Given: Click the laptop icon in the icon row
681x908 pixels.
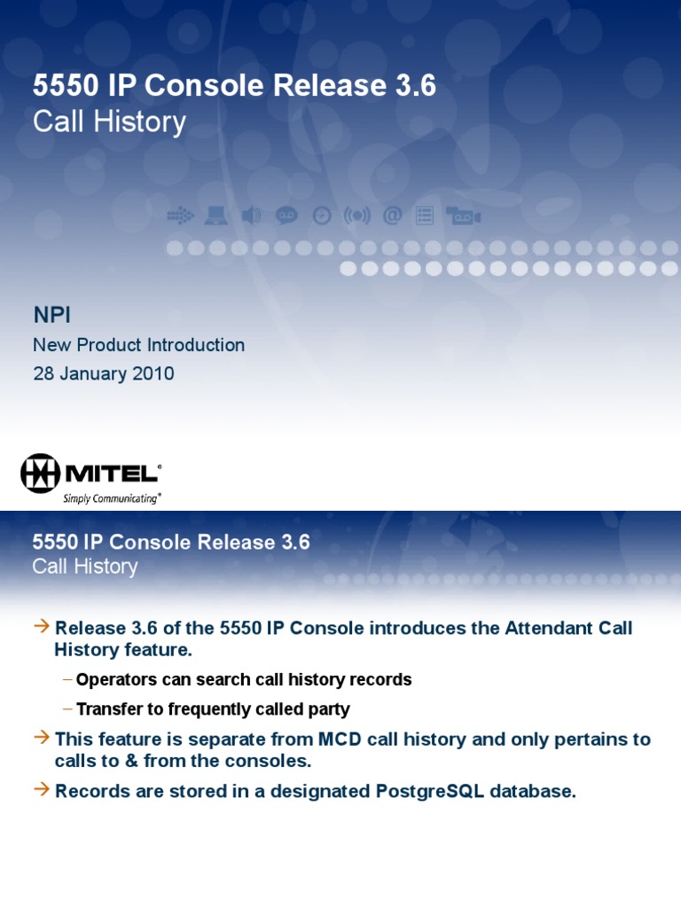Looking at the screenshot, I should tap(215, 215).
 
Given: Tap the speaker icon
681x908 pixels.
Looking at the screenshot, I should tap(252, 215).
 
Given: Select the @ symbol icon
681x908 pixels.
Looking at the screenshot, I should tap(392, 215).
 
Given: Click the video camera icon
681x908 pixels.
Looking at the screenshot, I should tap(463, 215).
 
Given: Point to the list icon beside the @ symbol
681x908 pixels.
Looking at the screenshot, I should tap(425, 215).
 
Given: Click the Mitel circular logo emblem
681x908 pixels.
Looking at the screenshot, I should tap(41, 474).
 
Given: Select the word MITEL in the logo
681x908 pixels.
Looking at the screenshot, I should tap(111, 473).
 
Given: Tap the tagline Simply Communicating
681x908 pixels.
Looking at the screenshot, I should tap(110, 498).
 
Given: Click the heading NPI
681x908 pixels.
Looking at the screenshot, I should tap(51, 315).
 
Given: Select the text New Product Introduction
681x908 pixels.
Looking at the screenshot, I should tap(138, 345).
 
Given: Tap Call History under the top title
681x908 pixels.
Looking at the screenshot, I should tap(109, 121).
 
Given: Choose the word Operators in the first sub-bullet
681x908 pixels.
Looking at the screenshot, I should tap(114, 680).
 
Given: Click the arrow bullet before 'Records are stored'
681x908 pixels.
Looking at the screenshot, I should tap(42, 790).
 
